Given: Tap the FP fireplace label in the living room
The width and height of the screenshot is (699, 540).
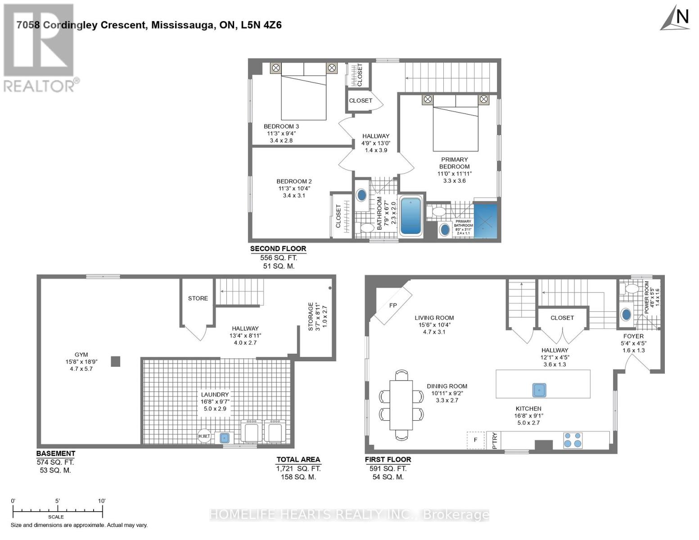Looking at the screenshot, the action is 393,305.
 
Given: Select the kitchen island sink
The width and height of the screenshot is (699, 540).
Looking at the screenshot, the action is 539,390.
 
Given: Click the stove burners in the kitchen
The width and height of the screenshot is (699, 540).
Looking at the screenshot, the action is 573,440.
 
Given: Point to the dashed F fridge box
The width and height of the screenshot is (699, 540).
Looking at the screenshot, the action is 475,440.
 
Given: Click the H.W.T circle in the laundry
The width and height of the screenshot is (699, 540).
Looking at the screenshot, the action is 204,436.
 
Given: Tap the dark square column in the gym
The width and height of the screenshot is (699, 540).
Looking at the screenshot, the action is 116,361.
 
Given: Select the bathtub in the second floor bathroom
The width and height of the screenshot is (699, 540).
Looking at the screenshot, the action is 411,216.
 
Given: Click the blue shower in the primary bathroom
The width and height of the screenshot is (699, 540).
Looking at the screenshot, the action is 486,220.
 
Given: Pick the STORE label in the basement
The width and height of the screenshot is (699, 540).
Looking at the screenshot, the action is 198,298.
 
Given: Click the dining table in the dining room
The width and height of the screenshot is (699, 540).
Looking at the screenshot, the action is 401,405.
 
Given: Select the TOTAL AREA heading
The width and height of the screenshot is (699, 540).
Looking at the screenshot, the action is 298,459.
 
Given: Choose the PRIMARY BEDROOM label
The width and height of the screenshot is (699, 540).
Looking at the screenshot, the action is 454,163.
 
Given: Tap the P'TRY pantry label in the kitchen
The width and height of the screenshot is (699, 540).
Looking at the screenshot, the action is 495,441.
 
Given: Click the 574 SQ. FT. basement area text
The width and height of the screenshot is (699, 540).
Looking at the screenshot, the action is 55,462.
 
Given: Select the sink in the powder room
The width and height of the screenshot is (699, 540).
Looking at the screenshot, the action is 626,315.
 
